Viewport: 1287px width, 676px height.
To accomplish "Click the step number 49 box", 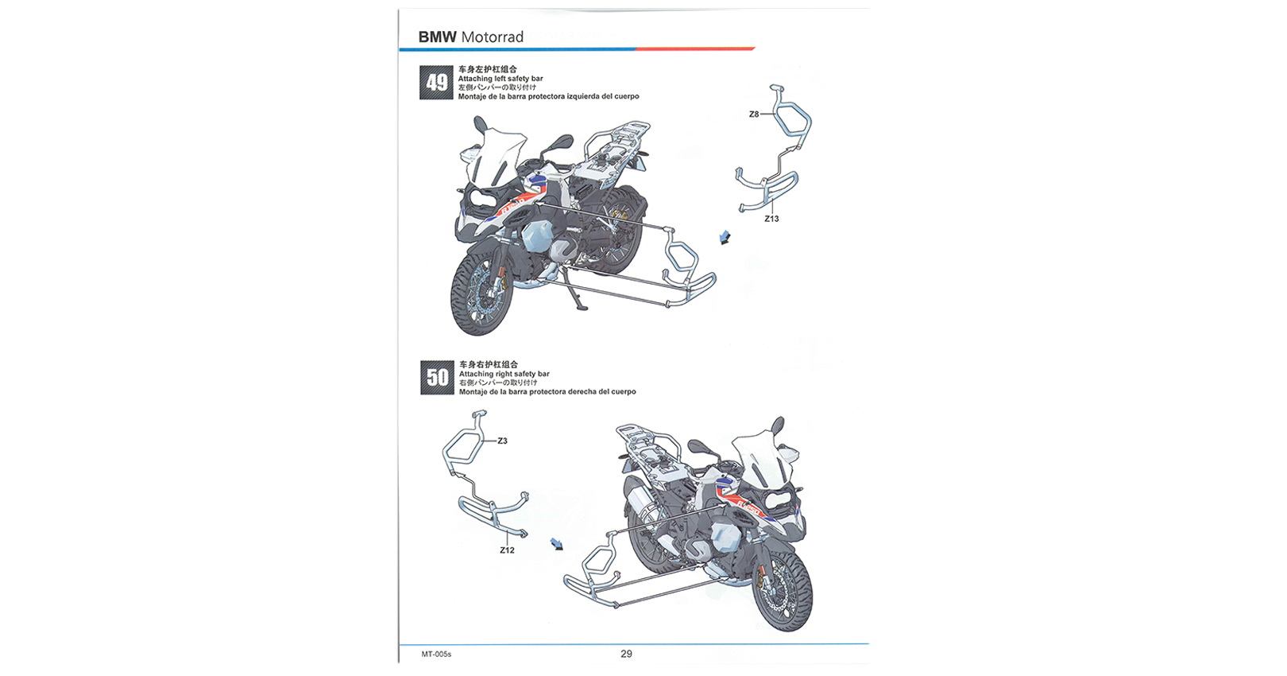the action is [437, 83].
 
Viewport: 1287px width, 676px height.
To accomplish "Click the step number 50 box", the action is [437, 378].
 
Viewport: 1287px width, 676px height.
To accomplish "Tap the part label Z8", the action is [754, 114].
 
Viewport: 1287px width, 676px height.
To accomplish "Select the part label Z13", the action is [771, 219].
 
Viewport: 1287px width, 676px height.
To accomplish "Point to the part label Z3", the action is [502, 441].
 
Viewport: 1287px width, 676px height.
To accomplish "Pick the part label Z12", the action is [507, 550].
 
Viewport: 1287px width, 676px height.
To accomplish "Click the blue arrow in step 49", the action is [725, 237].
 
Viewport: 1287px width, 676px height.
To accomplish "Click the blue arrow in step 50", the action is [557, 544].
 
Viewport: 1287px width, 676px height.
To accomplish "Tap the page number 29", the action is [626, 654].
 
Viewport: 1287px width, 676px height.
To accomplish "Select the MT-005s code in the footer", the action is [437, 655].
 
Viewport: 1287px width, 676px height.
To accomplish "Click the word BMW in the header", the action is [437, 37].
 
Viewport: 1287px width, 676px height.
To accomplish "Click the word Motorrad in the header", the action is [493, 37].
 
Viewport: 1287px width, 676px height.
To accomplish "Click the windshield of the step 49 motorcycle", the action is [497, 155].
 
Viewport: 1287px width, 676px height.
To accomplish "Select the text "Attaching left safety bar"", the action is [500, 78].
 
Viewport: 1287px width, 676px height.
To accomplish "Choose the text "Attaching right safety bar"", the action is [504, 373].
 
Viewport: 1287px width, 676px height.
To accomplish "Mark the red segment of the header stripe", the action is [695, 49].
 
